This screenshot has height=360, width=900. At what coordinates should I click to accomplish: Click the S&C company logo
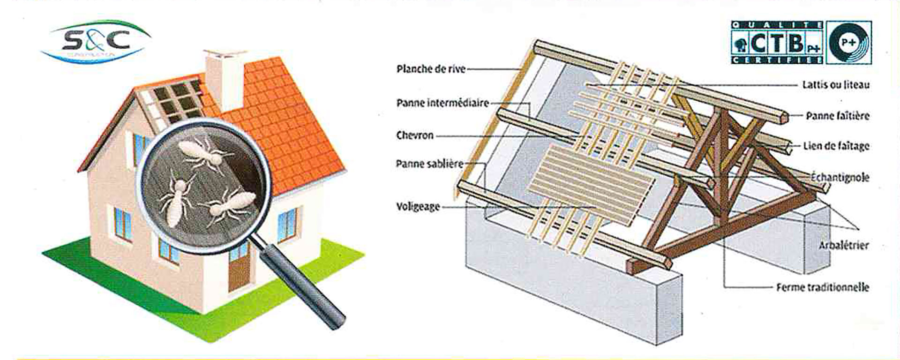tap(96, 41)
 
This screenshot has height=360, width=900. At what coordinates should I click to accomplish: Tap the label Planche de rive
tap(431, 69)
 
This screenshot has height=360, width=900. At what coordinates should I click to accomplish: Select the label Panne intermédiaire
tap(442, 103)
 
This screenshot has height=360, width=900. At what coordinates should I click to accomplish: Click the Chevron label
tap(415, 135)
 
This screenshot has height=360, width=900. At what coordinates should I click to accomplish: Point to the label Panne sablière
tap(429, 164)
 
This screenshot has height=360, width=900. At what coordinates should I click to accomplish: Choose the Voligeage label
tap(418, 206)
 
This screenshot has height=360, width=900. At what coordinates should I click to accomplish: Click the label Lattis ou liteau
tap(836, 85)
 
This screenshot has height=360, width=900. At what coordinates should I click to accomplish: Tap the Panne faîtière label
tap(837, 116)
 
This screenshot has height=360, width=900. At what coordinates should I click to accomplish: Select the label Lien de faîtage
tap(836, 146)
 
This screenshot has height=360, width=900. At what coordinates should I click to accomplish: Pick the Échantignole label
tap(840, 178)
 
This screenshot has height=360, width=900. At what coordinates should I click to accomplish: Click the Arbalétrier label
tap(844, 245)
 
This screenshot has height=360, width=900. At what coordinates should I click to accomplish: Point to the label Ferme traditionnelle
tap(823, 287)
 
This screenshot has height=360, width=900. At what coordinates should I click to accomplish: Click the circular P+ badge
tap(849, 43)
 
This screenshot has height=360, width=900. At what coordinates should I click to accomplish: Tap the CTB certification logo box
tap(777, 43)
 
